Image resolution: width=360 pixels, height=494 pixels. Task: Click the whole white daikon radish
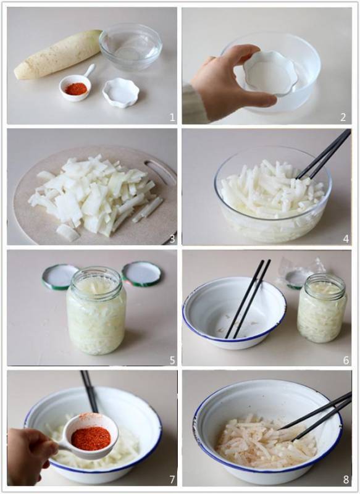pyautogui.click(x=58, y=55)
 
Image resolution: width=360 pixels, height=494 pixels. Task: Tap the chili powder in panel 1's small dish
pyautogui.click(x=75, y=88)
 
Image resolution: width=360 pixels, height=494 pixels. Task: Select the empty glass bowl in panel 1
pyautogui.click(x=130, y=47)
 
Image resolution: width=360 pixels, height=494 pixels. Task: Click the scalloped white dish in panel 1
pyautogui.click(x=120, y=92)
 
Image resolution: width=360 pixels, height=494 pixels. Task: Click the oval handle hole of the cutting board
pyautogui.click(x=159, y=171)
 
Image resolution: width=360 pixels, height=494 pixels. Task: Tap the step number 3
pyautogui.click(x=172, y=239)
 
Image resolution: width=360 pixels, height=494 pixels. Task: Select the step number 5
pyautogui.click(x=172, y=360)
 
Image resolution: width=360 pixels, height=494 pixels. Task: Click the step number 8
pyautogui.click(x=346, y=480)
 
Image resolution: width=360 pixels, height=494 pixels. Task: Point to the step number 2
pyautogui.click(x=343, y=117)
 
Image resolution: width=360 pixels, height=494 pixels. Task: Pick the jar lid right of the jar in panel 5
pyautogui.click(x=141, y=274)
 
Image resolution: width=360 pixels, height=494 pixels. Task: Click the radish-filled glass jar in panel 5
pyautogui.click(x=96, y=311)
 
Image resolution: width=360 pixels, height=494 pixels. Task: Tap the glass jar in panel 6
pyautogui.click(x=322, y=308)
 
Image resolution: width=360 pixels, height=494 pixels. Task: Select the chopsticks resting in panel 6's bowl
pyautogui.click(x=248, y=299)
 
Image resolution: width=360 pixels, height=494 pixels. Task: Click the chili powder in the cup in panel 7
pyautogui.click(x=91, y=438)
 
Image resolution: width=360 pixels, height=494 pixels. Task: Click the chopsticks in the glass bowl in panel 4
pyautogui.click(x=324, y=155)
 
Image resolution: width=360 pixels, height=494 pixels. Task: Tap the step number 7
pyautogui.click(x=172, y=480)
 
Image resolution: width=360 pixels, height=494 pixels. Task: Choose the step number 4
pyautogui.click(x=346, y=239)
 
